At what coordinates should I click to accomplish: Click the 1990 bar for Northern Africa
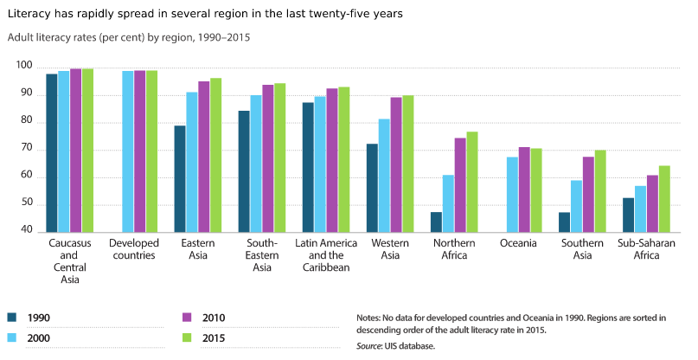(437, 222)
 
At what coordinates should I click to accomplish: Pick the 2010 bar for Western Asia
(396, 164)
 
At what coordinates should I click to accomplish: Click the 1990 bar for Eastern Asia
(180, 179)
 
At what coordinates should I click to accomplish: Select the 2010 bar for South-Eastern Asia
(268, 158)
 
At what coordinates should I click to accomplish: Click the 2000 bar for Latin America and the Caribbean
(320, 164)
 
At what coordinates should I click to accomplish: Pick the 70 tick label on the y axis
(26, 149)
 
